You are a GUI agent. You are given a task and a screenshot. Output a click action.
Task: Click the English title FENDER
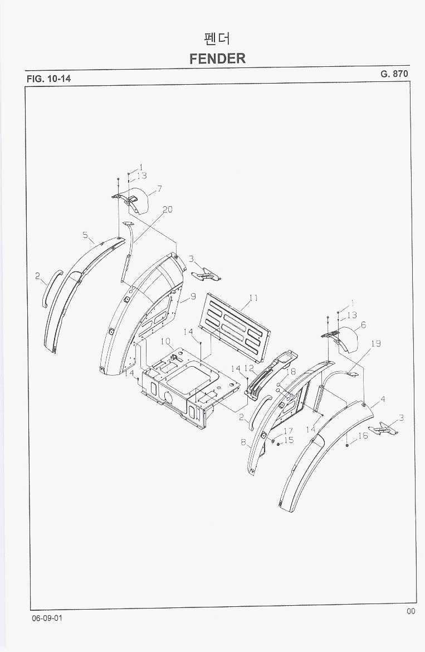tap(217, 58)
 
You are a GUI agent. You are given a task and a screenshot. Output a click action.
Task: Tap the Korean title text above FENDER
tap(217, 38)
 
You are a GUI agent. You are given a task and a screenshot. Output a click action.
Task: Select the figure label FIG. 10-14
tap(48, 79)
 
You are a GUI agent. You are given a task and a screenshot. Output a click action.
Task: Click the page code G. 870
tap(394, 74)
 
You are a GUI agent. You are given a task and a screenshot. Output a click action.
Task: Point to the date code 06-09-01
tap(47, 618)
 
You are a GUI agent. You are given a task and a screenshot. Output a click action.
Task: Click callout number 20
tap(168, 210)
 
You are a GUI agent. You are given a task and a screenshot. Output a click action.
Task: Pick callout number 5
tap(85, 235)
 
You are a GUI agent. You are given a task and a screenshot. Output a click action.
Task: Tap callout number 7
tap(159, 189)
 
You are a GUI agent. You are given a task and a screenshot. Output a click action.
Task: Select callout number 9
tap(193, 297)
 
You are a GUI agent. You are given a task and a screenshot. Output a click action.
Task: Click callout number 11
tap(253, 298)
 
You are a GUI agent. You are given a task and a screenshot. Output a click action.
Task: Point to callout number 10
tap(165, 342)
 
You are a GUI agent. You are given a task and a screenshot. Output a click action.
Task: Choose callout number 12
tap(249, 368)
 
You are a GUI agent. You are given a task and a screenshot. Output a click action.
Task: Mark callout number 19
tap(375, 343)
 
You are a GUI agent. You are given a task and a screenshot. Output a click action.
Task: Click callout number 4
tap(383, 399)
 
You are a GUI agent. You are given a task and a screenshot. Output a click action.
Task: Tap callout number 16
tap(363, 436)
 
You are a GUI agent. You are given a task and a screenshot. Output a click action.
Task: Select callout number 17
tap(288, 431)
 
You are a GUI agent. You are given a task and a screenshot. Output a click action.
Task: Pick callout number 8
tap(243, 442)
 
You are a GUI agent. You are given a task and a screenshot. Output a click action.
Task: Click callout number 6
tap(363, 325)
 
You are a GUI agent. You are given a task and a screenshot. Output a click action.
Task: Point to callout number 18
tap(291, 372)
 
